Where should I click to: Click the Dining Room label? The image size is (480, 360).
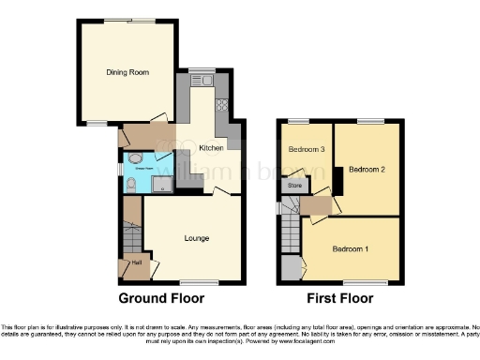pos(127,70)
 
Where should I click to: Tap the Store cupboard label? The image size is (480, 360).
pos(294,186)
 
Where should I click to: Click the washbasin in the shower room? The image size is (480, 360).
pos(137,158)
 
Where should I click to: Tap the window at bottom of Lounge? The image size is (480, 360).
pos(194,282)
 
